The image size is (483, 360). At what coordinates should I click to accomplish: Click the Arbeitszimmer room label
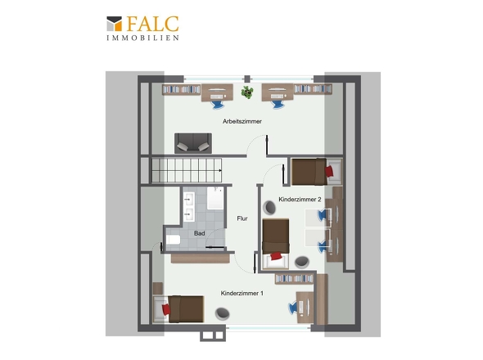tap(242, 121)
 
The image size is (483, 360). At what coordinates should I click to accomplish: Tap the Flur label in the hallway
tap(242, 218)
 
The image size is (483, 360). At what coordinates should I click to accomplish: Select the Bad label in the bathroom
tap(199, 233)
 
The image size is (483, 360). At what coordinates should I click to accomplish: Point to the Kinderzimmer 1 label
tap(242, 293)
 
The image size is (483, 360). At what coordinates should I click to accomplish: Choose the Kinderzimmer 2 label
tap(300, 200)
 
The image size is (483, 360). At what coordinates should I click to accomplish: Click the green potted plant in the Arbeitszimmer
tap(247, 92)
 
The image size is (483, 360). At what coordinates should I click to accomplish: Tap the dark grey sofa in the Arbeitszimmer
tap(193, 143)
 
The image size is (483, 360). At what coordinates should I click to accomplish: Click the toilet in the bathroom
tap(173, 239)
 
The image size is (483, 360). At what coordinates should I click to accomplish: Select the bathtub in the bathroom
tap(215, 198)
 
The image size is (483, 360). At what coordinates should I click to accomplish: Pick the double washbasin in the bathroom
tap(189, 207)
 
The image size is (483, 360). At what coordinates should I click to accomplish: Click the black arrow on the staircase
tap(220, 170)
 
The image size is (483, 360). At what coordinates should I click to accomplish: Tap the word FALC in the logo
tap(152, 24)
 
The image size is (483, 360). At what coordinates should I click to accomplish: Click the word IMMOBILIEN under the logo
tap(142, 38)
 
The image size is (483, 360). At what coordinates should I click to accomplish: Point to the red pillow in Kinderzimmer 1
tap(166, 309)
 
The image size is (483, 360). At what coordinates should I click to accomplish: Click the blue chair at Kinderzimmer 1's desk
tap(292, 308)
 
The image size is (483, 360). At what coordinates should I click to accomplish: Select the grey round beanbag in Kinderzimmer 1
tap(222, 313)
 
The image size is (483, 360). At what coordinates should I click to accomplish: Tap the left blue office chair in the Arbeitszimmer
tap(218, 104)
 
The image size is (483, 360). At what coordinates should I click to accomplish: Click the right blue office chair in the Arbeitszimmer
tap(278, 104)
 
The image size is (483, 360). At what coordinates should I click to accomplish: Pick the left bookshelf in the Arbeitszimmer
tap(182, 89)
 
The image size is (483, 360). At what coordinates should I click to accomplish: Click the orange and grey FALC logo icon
tap(115, 24)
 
